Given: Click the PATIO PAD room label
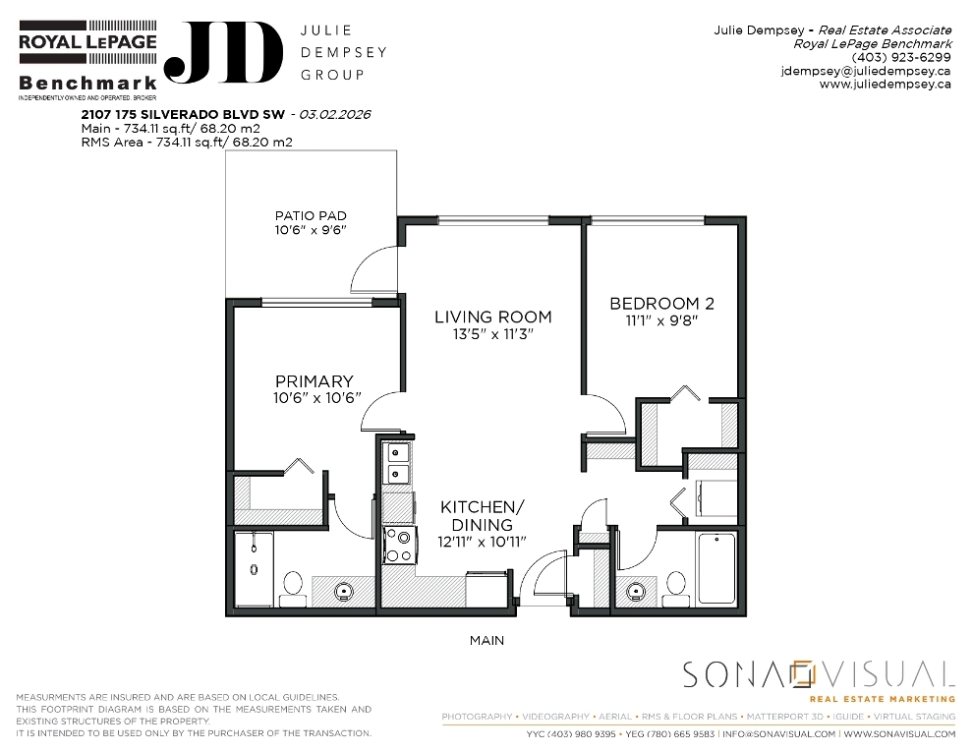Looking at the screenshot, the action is (311, 216).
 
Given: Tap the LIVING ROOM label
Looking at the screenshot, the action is (492, 318).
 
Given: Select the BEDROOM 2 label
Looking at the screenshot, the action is (661, 304).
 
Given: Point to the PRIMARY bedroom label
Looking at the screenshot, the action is (314, 381).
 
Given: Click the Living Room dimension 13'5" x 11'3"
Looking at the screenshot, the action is (492, 334).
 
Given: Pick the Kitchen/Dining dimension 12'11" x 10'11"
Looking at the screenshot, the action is (482, 542).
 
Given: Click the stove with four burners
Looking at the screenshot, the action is (398, 546).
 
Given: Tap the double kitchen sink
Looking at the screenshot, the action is (398, 463).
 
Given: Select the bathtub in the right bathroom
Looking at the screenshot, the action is (716, 568).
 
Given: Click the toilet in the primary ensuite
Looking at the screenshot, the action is (292, 589).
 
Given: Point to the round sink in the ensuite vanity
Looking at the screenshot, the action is (343, 592).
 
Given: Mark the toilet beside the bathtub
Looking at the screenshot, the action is (675, 589).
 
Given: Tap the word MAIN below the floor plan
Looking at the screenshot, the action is (486, 640).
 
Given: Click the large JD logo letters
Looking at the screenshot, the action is (223, 53).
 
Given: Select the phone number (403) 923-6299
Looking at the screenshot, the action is (901, 57).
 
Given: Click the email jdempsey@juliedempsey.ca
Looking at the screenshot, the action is (866, 71).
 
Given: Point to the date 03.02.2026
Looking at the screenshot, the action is (335, 114).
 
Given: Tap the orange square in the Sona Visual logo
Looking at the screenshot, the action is (801, 673).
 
